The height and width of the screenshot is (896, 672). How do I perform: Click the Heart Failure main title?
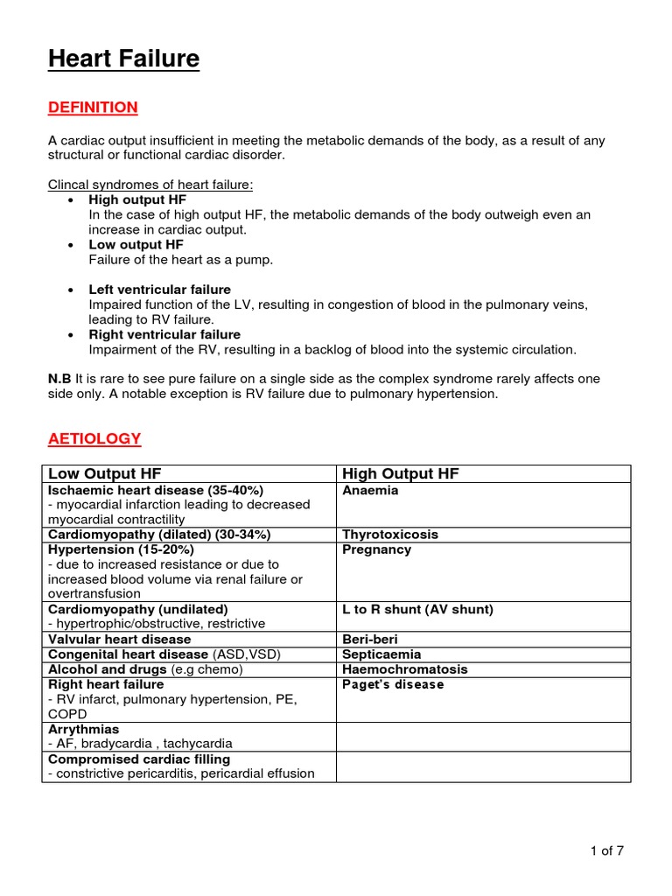pyautogui.click(x=123, y=59)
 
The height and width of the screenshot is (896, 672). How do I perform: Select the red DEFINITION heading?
pyautogui.click(x=93, y=108)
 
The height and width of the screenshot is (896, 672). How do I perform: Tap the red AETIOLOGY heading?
pyautogui.click(x=94, y=438)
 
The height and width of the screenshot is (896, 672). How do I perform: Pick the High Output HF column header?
pyautogui.click(x=401, y=474)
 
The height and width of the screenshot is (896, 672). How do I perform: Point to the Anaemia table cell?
pyautogui.click(x=370, y=491)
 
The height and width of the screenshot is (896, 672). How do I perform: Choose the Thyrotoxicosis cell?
pyautogui.click(x=390, y=535)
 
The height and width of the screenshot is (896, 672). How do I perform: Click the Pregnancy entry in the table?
pyautogui.click(x=376, y=549)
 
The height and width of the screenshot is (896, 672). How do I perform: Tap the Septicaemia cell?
pyautogui.click(x=381, y=654)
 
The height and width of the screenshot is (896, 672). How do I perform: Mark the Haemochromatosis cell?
pyautogui.click(x=405, y=669)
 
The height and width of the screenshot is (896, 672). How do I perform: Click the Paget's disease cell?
pyautogui.click(x=393, y=684)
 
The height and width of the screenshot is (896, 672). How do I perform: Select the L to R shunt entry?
pyautogui.click(x=417, y=609)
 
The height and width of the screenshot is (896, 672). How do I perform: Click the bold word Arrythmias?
pyautogui.click(x=84, y=729)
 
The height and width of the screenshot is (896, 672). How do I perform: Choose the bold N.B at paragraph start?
pyautogui.click(x=59, y=379)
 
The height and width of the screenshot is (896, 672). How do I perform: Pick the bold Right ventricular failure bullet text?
pyautogui.click(x=164, y=334)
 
